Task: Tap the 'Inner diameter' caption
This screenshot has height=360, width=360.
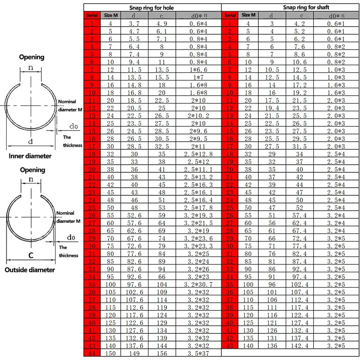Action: (x=31, y=156)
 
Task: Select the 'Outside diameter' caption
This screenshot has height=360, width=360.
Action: (x=30, y=270)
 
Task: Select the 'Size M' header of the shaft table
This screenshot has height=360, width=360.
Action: (x=249, y=15)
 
